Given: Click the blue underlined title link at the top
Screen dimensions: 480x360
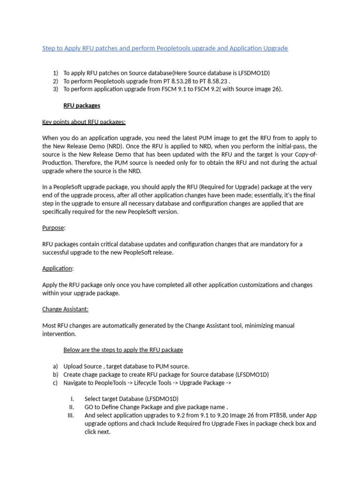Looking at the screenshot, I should tap(165, 48).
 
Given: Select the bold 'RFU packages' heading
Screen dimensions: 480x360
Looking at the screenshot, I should tap(82, 105).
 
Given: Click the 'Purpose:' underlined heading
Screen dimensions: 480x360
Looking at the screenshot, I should tap(54, 228).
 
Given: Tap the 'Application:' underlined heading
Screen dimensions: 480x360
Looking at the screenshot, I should tap(58, 268).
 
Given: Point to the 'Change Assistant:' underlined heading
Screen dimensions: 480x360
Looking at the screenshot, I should tap(65, 309).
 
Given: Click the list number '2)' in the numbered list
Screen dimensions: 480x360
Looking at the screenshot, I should tap(55, 81).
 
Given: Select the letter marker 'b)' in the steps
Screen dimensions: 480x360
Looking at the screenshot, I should tap(55, 375).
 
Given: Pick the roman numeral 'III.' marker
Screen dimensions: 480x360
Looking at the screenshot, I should tap(72, 415).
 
